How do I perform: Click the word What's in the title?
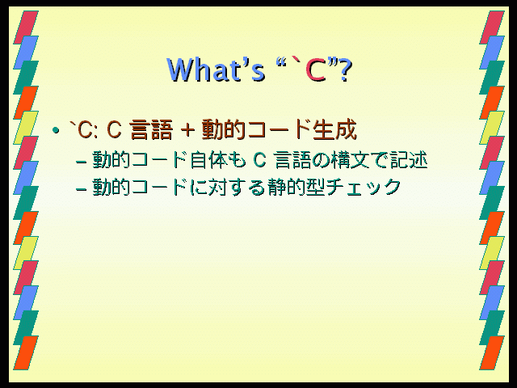216,70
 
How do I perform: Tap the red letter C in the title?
316,70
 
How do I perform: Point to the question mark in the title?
345,70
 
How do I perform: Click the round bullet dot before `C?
56,130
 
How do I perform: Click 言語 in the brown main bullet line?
151,129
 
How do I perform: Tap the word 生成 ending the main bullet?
335,129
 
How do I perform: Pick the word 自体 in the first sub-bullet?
208,160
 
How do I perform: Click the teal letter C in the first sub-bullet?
259,160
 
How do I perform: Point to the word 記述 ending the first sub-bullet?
409,160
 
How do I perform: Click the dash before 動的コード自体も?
81,162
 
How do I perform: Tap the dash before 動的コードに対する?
81,189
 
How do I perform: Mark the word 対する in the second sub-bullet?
237,187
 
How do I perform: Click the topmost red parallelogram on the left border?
26,27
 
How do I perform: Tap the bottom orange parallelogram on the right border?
492,352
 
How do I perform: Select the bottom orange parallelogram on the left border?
26,352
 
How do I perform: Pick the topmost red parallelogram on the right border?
492,27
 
